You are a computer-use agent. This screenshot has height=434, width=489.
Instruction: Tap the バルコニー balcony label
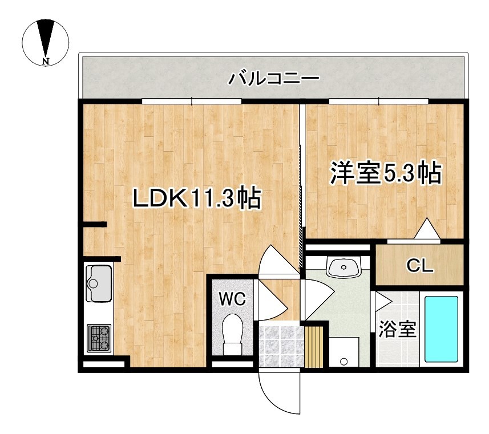pos(273,78)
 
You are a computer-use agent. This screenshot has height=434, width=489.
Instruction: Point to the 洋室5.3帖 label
pos(386,173)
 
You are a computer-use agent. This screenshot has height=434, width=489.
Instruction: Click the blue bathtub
pos(440,328)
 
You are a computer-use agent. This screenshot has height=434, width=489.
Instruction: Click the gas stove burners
pos(99,338)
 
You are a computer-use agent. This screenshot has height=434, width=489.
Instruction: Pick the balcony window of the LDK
pos(192,102)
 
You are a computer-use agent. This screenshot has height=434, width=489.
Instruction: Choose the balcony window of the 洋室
pos(379,102)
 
